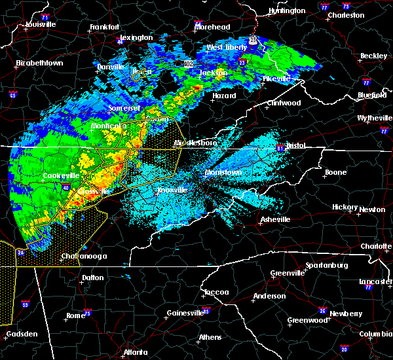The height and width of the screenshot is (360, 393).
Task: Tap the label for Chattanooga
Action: pos(85,257)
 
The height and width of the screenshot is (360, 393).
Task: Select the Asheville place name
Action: pos(273,219)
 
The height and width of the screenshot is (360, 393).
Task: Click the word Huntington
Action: pos(287,11)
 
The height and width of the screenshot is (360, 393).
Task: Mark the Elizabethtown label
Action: pos(39,63)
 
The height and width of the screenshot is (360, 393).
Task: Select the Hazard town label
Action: pos(224,96)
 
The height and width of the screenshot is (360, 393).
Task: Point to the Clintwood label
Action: pos(283,103)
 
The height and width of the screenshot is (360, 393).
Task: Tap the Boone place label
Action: pos(336,173)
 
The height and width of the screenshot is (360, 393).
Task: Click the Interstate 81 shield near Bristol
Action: pos(280,148)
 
